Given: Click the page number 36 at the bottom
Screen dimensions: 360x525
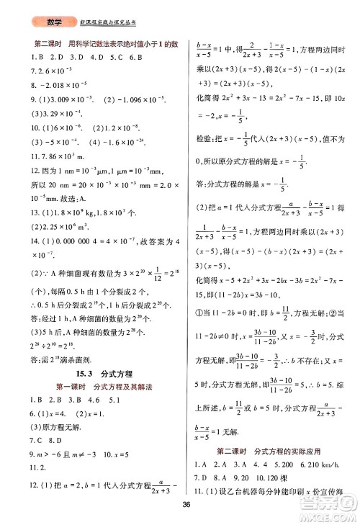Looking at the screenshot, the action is point(185,503).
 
